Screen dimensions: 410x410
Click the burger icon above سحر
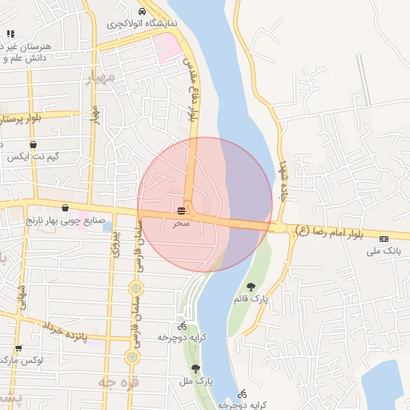[x=183, y=211]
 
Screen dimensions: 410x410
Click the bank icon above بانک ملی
[x=384, y=239]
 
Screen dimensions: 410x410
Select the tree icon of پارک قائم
[x=251, y=287]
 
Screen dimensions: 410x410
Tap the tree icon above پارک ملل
[x=195, y=369]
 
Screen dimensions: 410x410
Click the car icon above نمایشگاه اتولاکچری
[x=143, y=12]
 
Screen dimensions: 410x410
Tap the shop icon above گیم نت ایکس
[x=33, y=145]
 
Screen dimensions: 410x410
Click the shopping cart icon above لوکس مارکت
[x=18, y=348]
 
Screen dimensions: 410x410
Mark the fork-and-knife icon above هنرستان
[x=10, y=34]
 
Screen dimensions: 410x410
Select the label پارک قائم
[x=248, y=299]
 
